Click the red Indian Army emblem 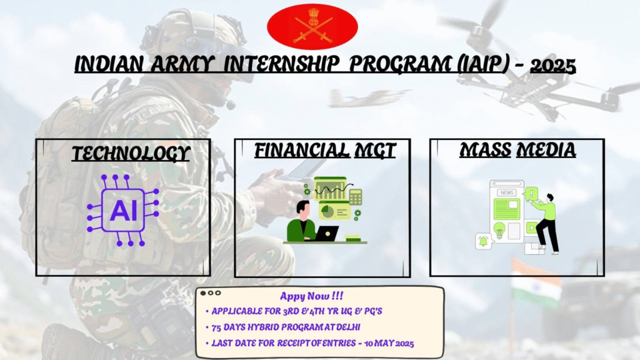tap(312, 26)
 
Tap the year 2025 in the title tap(552, 66)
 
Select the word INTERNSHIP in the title tap(281, 64)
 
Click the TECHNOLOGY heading tap(131, 154)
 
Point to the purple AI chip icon tap(123, 210)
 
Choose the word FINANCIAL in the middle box tap(302, 150)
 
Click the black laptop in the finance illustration tap(326, 234)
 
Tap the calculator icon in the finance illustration tap(355, 197)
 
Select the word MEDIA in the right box tap(546, 150)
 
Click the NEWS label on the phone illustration tap(507, 192)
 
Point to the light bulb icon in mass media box tap(499, 230)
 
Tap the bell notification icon tap(484, 241)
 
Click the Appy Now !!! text tap(311, 296)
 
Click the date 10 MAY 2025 tap(389, 343)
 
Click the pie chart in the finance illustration tap(326, 211)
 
